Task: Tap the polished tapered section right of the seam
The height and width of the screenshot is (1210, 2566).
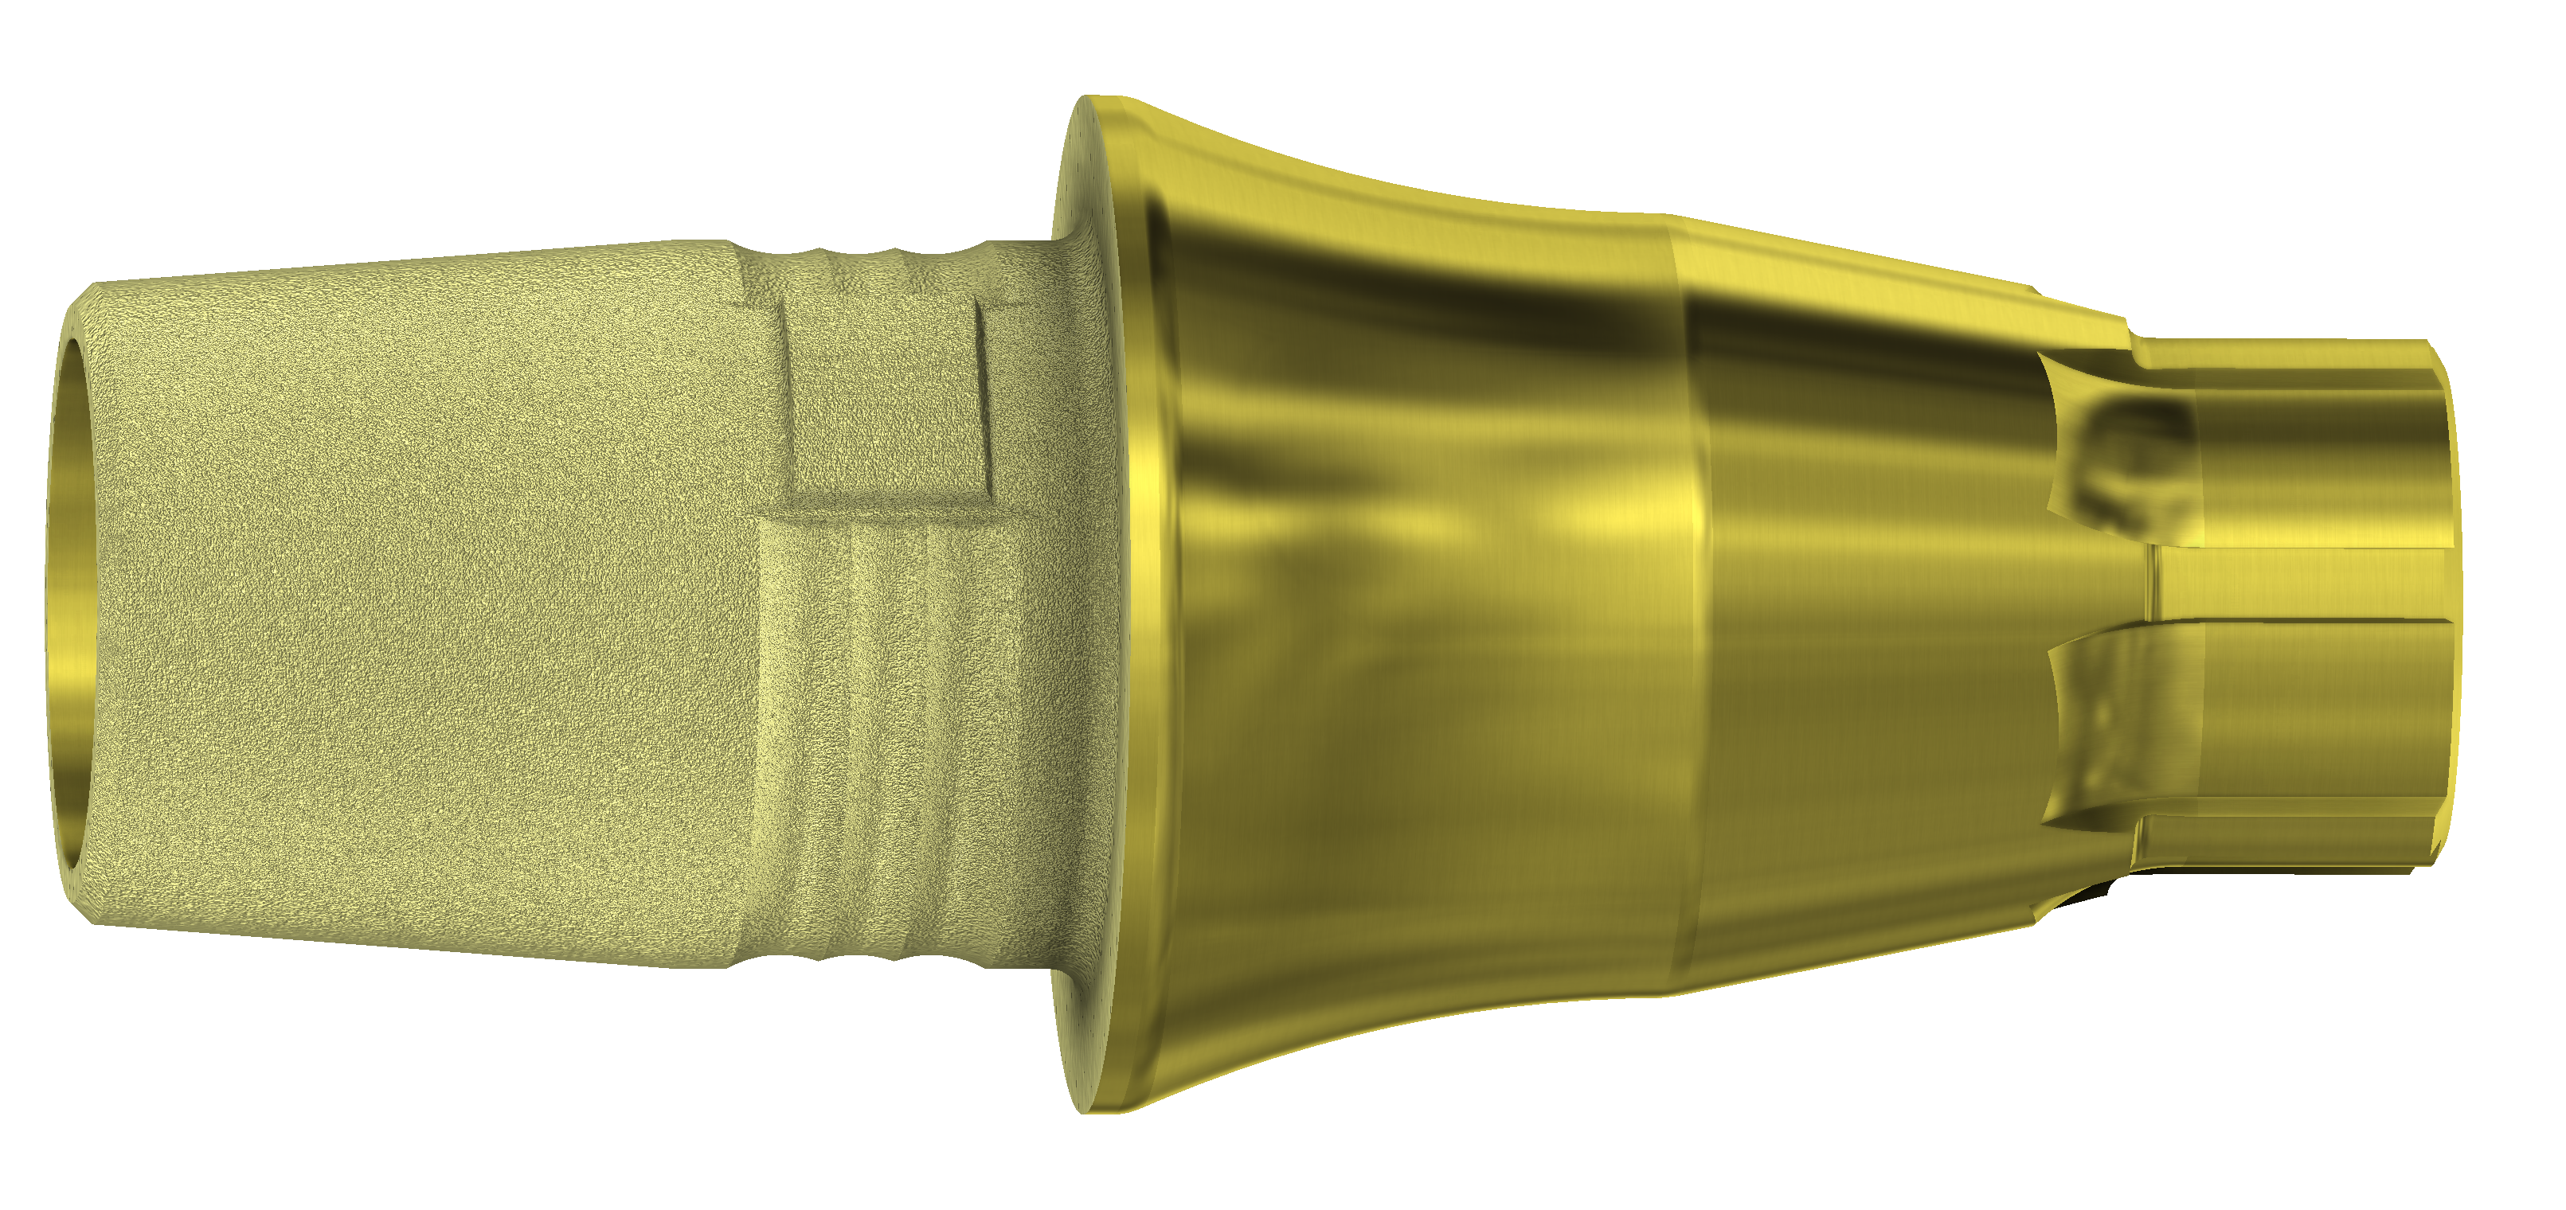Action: pos(1872,598)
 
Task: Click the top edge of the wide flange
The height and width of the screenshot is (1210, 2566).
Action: pos(1096,100)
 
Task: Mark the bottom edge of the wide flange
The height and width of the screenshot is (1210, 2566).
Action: pos(1096,1107)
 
